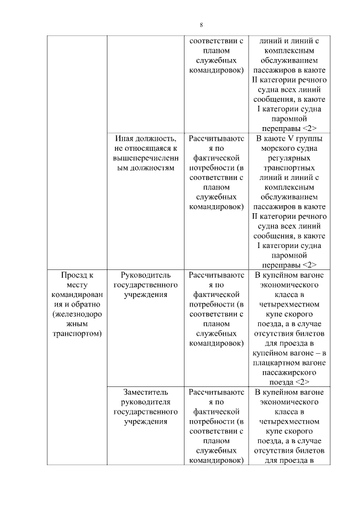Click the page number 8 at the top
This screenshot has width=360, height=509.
pos(201,25)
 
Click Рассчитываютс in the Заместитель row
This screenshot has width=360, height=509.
pos(217,392)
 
